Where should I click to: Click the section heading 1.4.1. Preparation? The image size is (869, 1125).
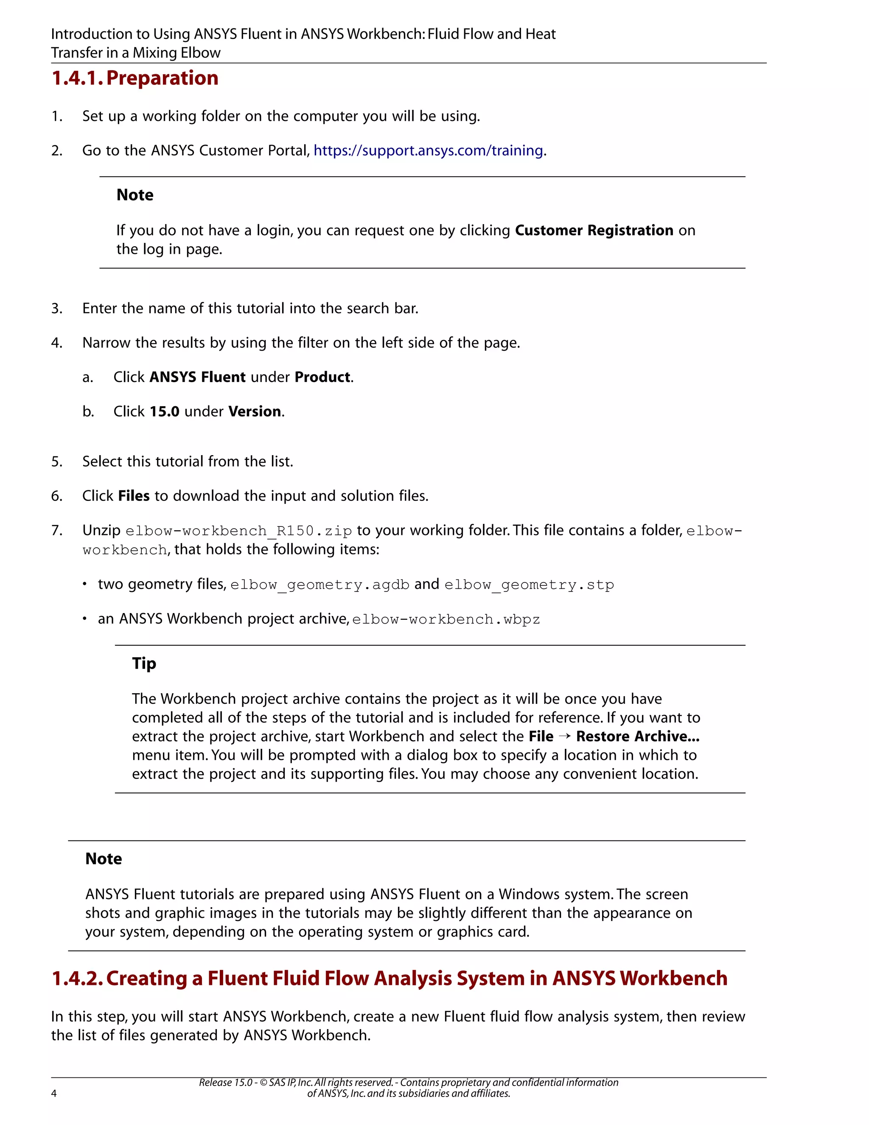coord(135,78)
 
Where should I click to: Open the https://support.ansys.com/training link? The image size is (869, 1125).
coord(428,150)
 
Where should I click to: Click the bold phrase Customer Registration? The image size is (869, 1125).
coord(594,230)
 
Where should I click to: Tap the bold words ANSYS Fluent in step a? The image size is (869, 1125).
coord(197,377)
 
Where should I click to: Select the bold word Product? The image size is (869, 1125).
coord(322,377)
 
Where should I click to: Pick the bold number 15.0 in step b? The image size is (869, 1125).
coord(164,411)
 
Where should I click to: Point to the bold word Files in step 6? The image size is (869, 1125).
coord(134,496)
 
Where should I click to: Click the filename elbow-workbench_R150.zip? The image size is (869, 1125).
coord(238,531)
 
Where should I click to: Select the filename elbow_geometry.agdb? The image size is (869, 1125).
coord(320,585)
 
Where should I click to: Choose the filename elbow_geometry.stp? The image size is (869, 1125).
coord(529,585)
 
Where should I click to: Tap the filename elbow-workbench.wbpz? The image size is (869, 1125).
coord(446,619)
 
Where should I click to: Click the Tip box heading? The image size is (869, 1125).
coord(144,664)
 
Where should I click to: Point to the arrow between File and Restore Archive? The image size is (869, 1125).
coord(565,737)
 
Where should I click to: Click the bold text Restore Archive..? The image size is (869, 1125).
coord(637,737)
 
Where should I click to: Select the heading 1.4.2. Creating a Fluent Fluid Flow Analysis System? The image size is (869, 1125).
coord(389,979)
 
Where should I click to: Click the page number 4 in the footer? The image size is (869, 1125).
coord(54,1094)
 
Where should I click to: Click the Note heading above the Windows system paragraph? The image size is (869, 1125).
coord(104,859)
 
